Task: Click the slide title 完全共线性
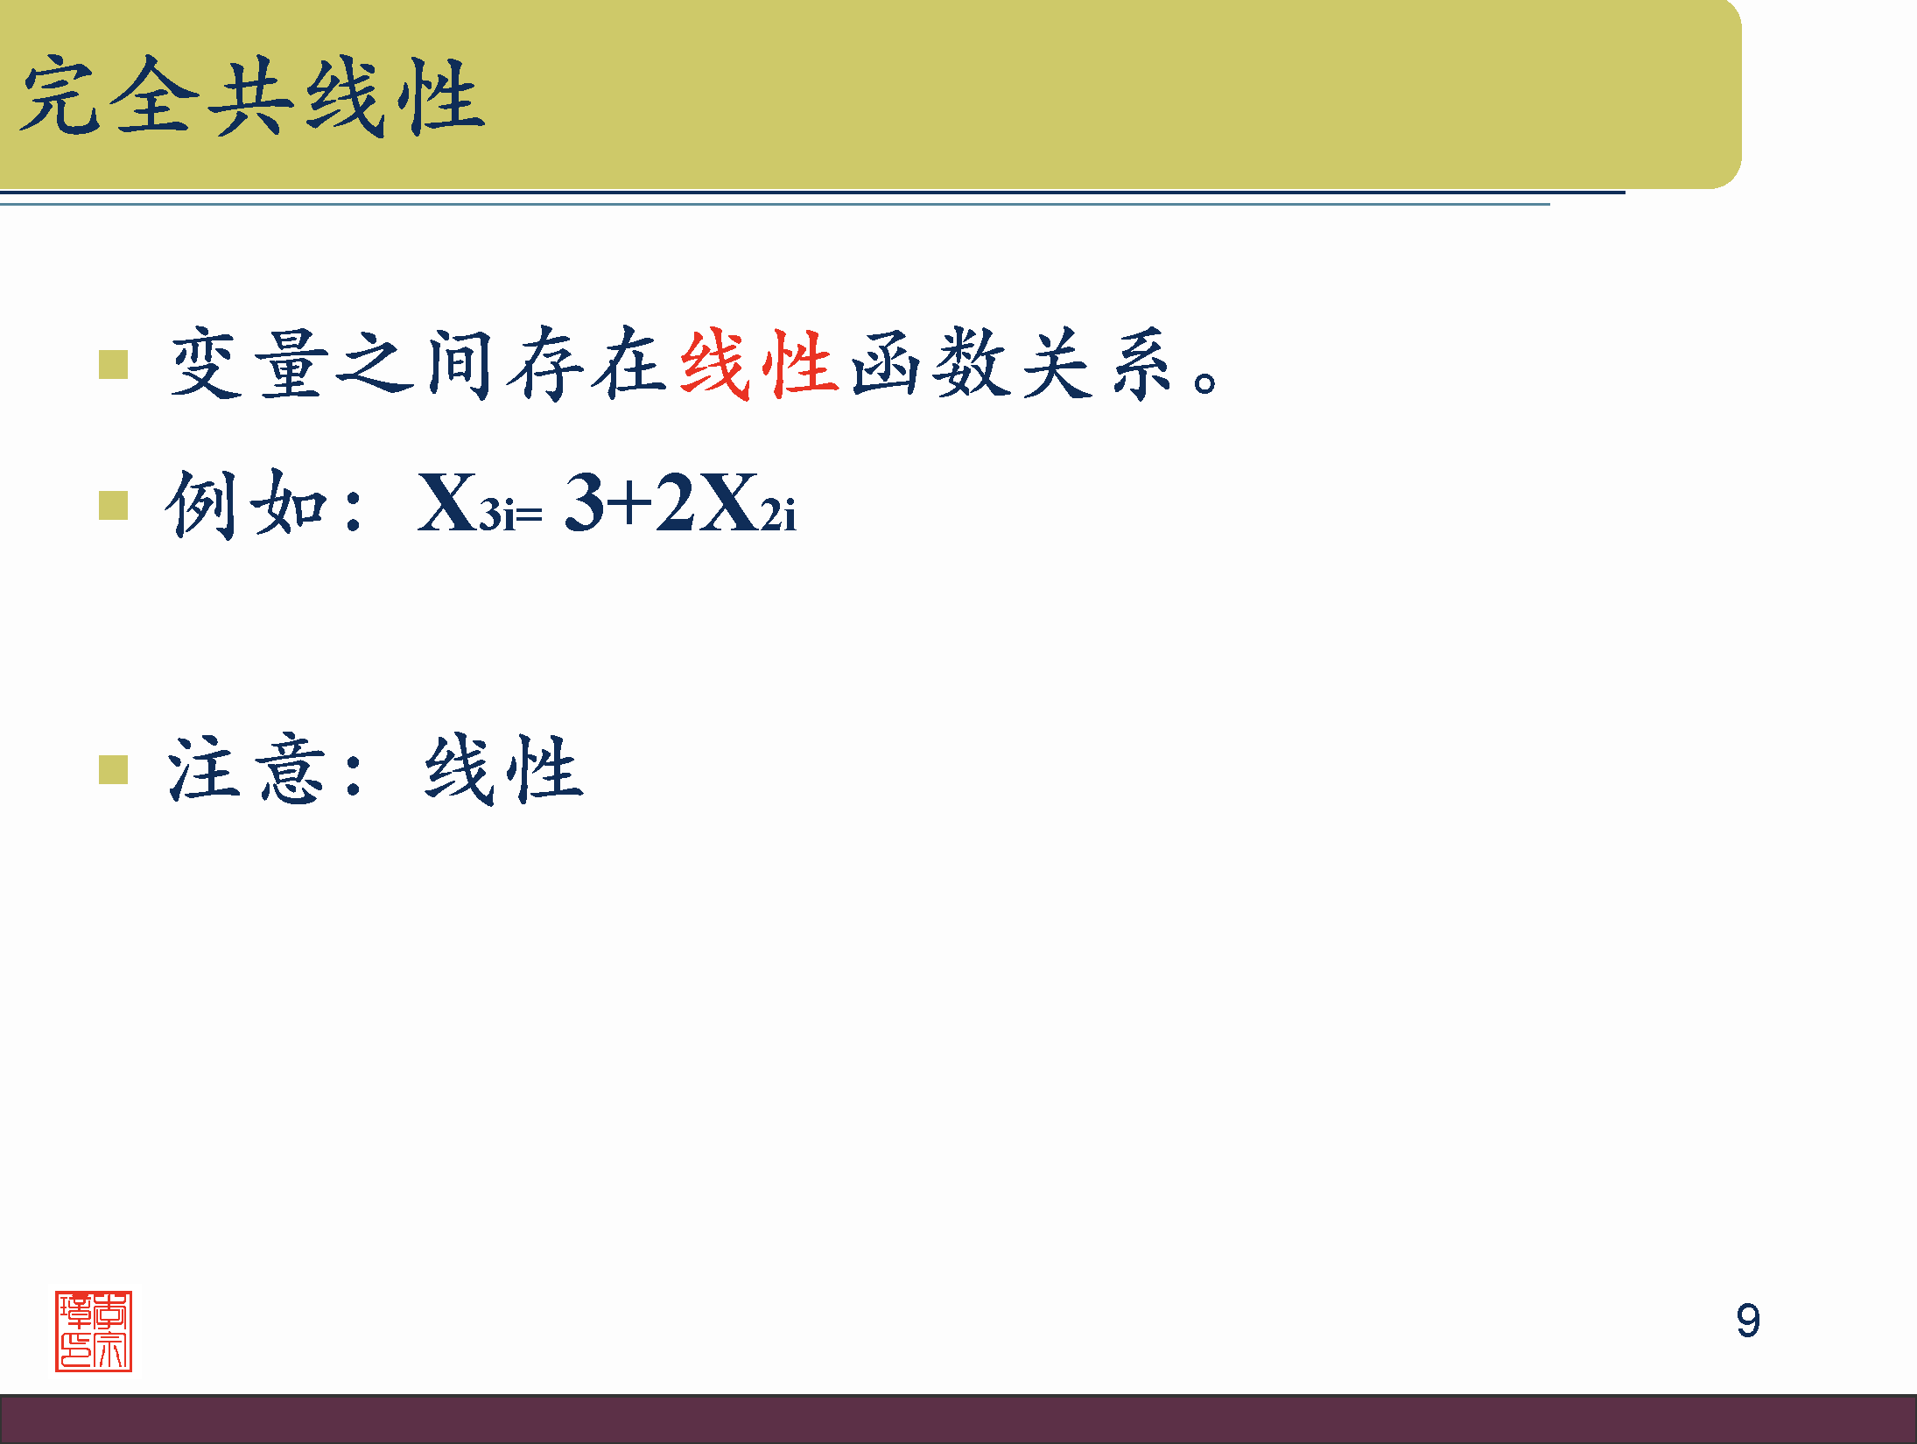coord(252,96)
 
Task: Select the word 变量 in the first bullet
coord(249,364)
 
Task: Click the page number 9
coord(1747,1320)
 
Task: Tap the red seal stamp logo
coord(94,1330)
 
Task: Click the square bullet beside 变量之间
coord(114,365)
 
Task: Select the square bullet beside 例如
coord(114,505)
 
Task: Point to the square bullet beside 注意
coord(114,770)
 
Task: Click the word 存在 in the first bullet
coord(588,364)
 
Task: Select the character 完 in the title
coord(60,96)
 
